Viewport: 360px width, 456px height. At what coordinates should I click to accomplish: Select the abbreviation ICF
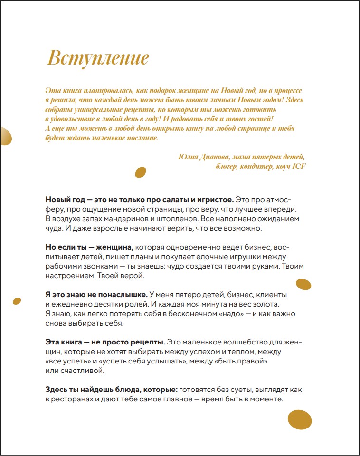pos(298,166)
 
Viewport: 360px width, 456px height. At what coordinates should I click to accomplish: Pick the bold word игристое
pos(212,199)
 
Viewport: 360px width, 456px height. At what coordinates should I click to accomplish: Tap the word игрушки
pos(260,257)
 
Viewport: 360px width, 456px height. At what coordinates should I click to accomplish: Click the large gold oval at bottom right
pos(300,419)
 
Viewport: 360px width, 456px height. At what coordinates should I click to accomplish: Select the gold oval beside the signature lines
pos(141,172)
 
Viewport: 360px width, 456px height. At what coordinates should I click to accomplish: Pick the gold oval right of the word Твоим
pos(303,284)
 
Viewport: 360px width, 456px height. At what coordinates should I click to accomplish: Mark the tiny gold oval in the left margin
pos(17,301)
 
